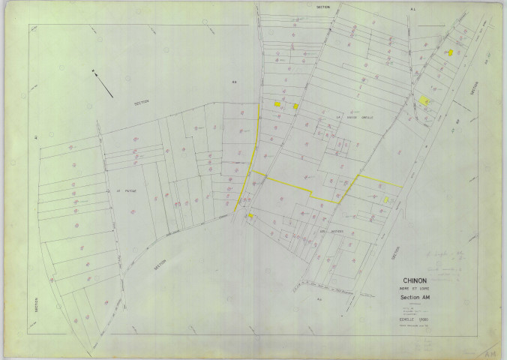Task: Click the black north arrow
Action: point(103,82)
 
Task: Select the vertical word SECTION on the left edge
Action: point(36,304)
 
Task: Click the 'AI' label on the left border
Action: point(36,136)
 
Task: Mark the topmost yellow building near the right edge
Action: point(449,52)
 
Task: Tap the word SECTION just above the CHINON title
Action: point(396,255)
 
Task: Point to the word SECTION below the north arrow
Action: point(142,103)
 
